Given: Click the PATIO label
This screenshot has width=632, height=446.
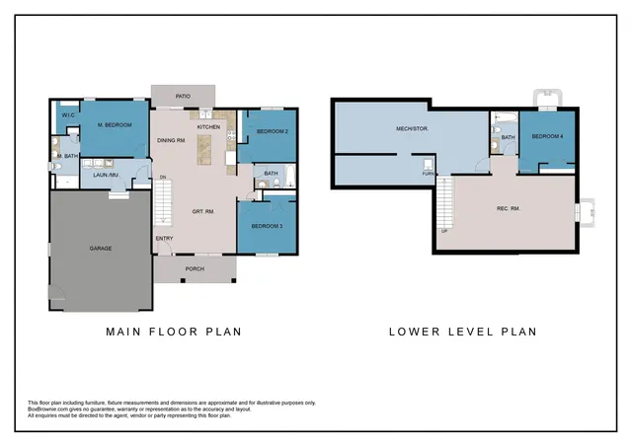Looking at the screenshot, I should (x=183, y=97).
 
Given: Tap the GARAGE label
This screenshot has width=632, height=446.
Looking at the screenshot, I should (x=100, y=248).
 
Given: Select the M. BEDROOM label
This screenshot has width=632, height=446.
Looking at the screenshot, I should (x=114, y=125).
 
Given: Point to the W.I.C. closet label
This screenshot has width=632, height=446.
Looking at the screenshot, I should (x=69, y=116).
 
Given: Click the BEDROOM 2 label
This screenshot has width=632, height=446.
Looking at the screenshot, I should (x=272, y=131).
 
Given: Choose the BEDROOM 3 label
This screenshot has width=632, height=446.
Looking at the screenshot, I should (x=267, y=226).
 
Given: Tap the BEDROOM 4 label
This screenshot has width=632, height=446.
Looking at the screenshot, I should (x=547, y=136).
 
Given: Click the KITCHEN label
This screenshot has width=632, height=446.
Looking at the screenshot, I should (x=208, y=127).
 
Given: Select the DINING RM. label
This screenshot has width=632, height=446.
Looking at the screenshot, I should (x=172, y=141).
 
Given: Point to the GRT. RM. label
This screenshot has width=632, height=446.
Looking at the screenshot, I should (x=204, y=211).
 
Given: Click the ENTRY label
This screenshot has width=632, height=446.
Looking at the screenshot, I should (x=164, y=239).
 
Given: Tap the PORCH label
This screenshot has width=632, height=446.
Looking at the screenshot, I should (x=195, y=267).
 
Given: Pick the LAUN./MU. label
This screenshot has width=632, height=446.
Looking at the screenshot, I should (x=106, y=176).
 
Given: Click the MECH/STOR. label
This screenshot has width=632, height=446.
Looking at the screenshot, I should (x=411, y=128).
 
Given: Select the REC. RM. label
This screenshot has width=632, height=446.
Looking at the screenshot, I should (x=509, y=208).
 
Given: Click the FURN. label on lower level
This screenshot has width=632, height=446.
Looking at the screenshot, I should (x=428, y=174).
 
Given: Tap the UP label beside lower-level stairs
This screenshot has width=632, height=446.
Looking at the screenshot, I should (x=444, y=231).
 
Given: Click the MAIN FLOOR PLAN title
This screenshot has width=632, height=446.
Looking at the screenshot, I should (x=174, y=332).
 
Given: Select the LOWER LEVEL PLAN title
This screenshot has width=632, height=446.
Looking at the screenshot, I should (x=464, y=332).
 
